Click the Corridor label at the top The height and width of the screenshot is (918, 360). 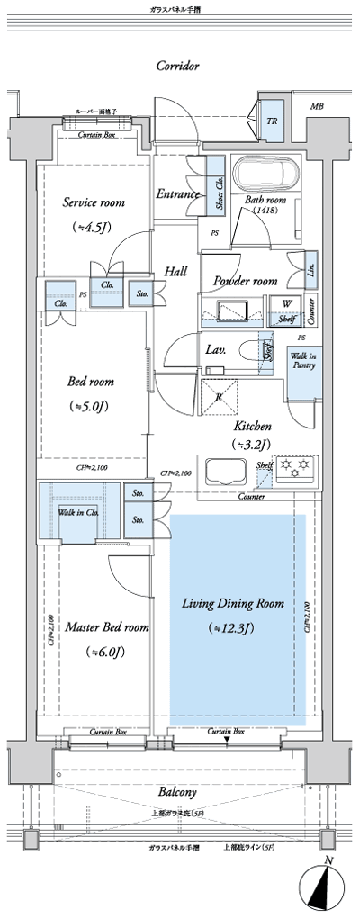(x=176, y=66)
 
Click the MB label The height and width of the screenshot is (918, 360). (x=317, y=106)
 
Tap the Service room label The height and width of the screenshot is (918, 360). (x=93, y=202)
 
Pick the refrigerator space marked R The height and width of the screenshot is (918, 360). (x=219, y=393)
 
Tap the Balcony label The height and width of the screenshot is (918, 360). (x=178, y=791)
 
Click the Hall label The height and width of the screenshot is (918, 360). (x=175, y=270)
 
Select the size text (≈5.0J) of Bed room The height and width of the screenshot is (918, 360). (x=90, y=407)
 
